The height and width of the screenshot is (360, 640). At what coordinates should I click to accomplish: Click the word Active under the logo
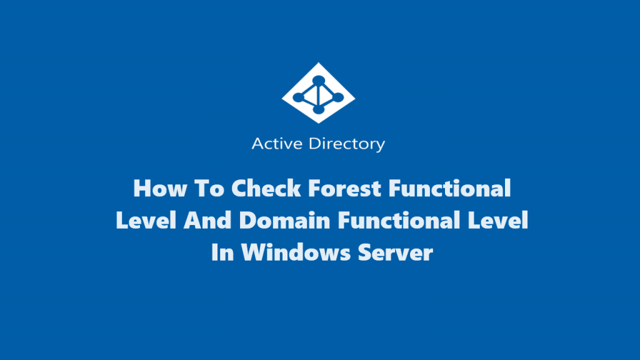click(272, 144)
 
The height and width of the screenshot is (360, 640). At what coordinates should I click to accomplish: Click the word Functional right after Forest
click(447, 188)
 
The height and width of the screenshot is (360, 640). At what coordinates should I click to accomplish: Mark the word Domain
click(282, 221)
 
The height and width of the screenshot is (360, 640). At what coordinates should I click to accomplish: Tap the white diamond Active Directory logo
click(319, 92)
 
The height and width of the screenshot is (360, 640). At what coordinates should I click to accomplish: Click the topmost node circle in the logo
click(319, 79)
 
